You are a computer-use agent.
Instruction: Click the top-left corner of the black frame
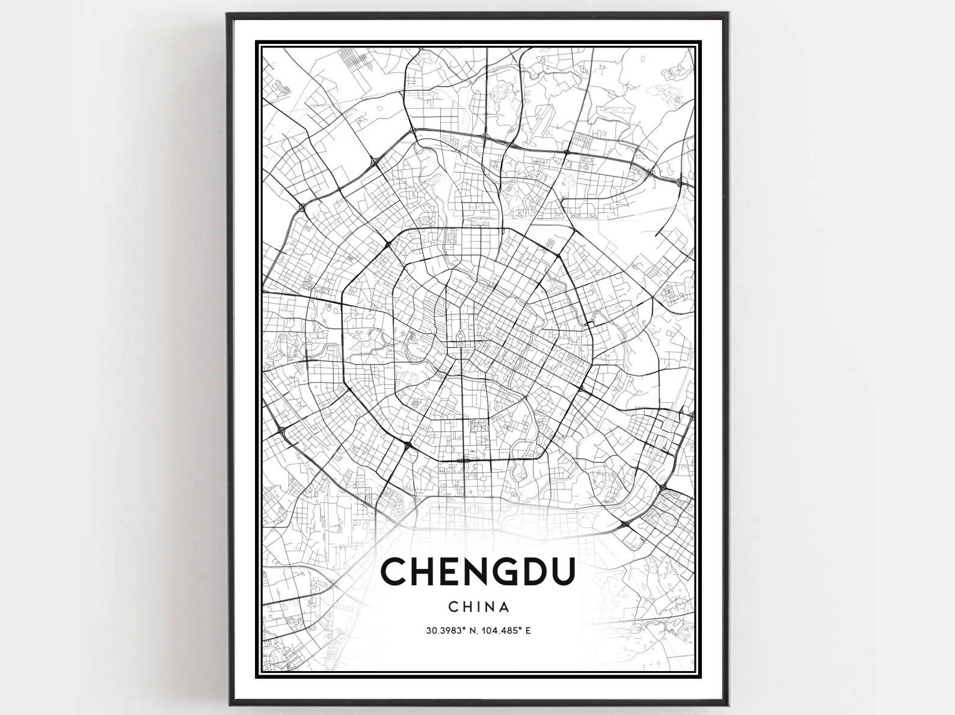click(x=229, y=13)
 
